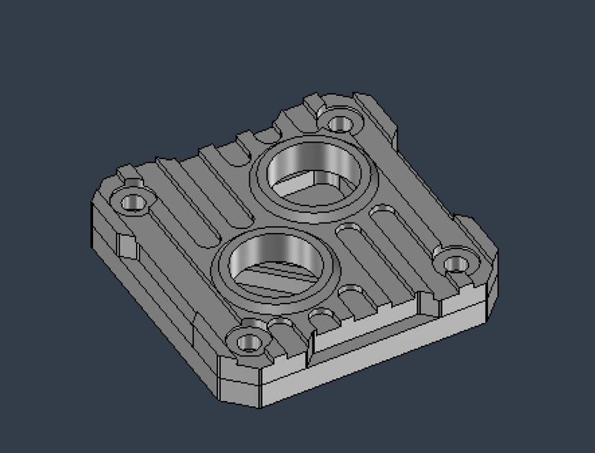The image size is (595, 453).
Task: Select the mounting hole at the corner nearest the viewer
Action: pos(250,342)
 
